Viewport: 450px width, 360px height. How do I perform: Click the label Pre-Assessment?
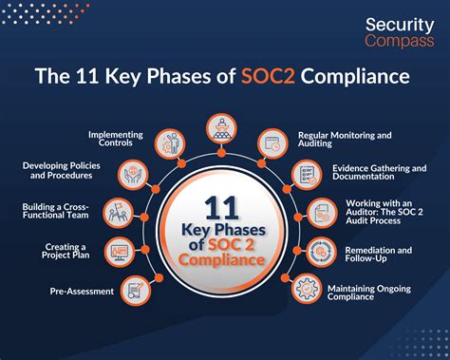click(84, 291)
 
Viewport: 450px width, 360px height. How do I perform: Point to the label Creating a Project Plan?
click(68, 252)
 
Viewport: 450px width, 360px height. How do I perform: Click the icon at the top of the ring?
click(225, 128)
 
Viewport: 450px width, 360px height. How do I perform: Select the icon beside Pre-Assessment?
click(139, 287)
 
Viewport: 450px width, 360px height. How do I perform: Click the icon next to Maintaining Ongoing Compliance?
click(306, 287)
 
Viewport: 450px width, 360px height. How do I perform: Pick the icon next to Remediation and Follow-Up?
click(324, 252)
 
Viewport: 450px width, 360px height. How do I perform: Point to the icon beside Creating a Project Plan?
click(121, 252)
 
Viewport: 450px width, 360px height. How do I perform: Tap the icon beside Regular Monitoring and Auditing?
click(275, 143)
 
